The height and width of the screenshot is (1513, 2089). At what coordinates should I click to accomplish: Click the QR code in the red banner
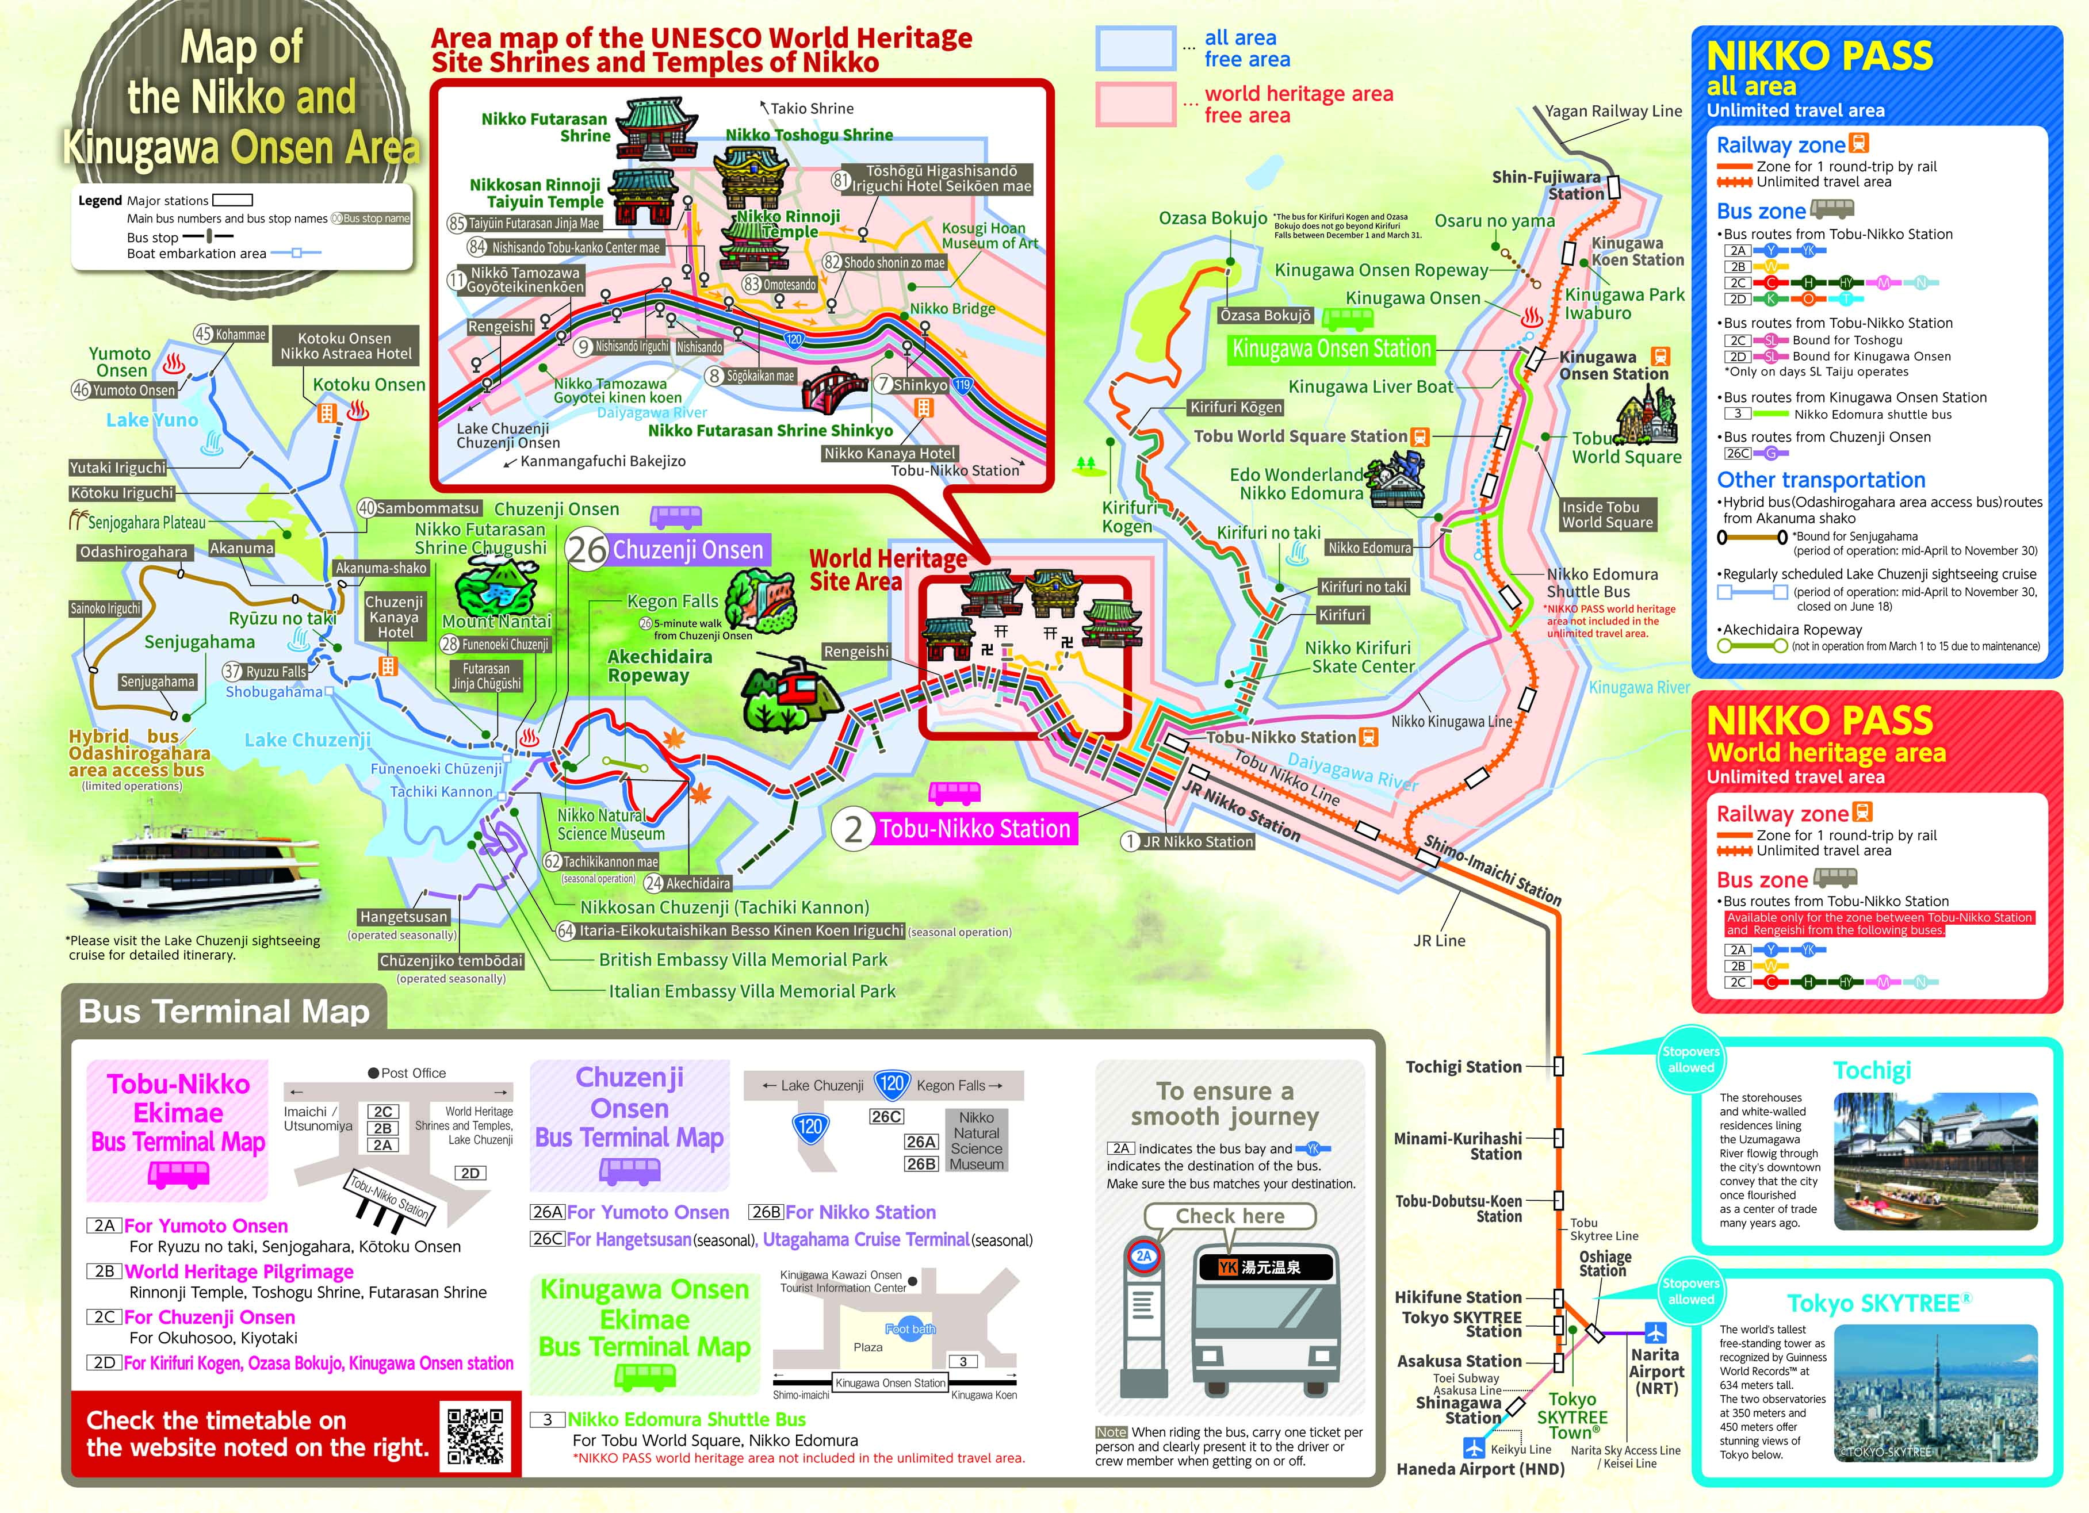tap(475, 1435)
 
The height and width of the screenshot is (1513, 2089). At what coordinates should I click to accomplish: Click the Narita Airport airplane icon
tap(1655, 1332)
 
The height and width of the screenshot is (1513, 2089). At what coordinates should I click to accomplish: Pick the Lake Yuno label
tap(152, 420)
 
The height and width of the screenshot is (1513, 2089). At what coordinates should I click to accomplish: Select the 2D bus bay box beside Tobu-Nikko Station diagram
tap(470, 1173)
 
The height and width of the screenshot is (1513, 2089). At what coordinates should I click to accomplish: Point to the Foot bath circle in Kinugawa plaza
tap(910, 1329)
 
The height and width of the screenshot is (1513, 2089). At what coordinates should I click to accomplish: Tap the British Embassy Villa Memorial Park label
tap(743, 960)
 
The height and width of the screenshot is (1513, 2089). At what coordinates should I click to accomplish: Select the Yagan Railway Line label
tap(1613, 112)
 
